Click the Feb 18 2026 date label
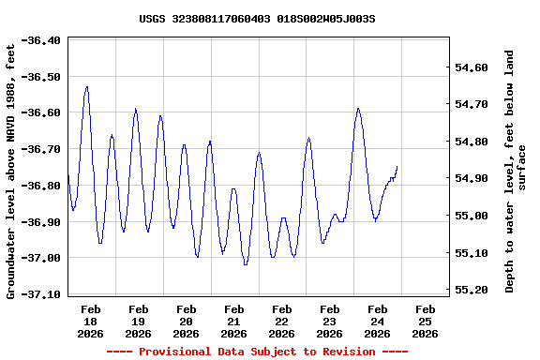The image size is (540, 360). pos(91,321)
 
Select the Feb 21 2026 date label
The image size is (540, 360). pos(234,321)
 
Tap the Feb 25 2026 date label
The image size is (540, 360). pos(425,321)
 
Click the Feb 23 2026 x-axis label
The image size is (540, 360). pos(329,321)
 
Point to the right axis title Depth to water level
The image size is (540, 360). pos(516,171)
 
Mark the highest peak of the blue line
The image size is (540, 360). pos(87,87)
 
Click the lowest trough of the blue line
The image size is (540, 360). pos(246,264)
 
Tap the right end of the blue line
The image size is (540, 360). pos(397,166)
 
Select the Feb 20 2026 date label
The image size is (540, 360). pos(186,321)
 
